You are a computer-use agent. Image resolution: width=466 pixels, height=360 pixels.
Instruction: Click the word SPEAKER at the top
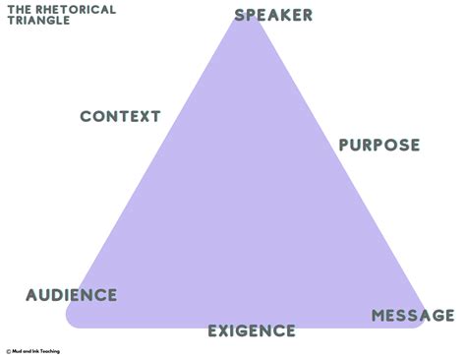(273, 15)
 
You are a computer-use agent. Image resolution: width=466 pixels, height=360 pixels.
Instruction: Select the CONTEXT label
(120, 116)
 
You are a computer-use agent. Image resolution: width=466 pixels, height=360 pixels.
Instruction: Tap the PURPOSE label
(379, 145)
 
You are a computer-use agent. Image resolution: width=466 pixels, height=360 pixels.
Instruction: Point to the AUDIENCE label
(72, 295)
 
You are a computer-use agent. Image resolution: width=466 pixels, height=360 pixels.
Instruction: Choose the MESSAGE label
(413, 316)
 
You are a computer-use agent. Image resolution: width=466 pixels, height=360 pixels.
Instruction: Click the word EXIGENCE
(252, 330)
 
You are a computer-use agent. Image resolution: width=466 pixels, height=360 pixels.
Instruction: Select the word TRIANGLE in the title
(38, 20)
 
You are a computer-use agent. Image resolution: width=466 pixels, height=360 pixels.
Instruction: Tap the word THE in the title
(20, 9)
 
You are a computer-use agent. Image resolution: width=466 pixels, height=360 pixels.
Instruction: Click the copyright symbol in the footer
(9, 352)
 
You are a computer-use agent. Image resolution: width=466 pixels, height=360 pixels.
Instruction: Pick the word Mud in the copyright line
(17, 351)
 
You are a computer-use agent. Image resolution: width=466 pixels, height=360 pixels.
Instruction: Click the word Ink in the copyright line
(36, 351)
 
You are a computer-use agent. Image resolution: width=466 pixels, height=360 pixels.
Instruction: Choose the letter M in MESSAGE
(379, 316)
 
